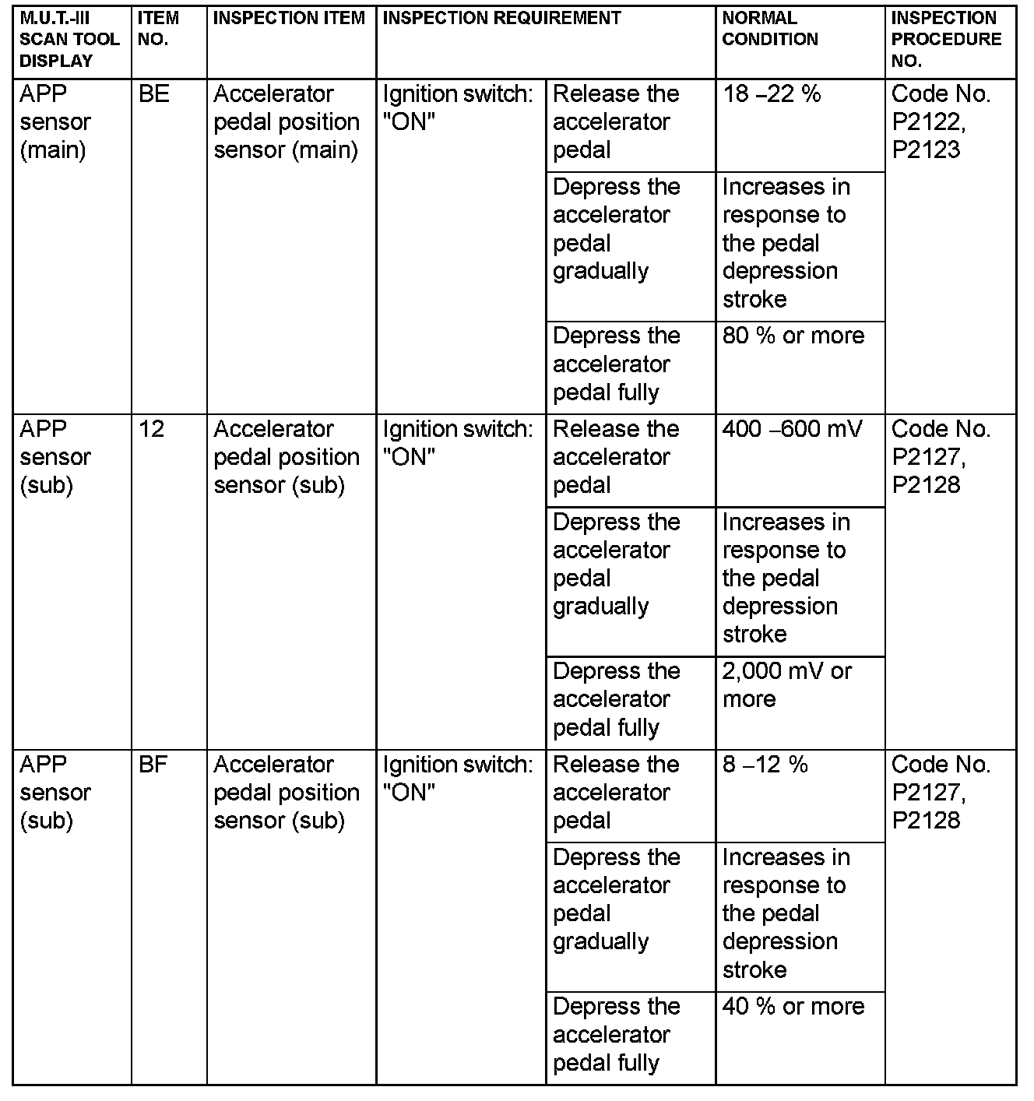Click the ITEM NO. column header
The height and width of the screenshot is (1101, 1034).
click(158, 29)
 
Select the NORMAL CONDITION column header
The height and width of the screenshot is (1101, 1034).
click(770, 29)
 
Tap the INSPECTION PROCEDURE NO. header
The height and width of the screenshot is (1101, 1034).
click(946, 39)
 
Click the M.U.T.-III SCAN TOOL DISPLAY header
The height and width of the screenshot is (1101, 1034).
click(69, 39)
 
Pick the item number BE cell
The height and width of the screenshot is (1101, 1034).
click(153, 95)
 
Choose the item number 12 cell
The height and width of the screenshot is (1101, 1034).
click(152, 430)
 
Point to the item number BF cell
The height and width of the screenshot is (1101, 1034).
click(153, 765)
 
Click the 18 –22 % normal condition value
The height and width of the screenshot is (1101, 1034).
click(771, 95)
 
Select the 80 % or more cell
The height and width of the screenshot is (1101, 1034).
click(793, 336)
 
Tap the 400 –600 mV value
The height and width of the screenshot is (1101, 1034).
click(792, 430)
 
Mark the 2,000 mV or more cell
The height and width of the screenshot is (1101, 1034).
click(786, 685)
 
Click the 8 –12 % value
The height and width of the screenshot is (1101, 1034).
click(765, 765)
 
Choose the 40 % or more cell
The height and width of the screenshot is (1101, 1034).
click(793, 1007)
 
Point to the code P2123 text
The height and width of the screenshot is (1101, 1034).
click(926, 150)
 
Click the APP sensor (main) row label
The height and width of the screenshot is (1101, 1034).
click(55, 122)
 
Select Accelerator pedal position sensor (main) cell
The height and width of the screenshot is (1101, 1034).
click(287, 122)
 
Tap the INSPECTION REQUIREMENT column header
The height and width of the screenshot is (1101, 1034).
click(501, 18)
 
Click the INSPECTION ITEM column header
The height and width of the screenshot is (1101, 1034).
click(289, 18)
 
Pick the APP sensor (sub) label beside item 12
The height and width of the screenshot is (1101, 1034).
click(55, 457)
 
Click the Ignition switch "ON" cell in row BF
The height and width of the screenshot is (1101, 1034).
click(458, 779)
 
